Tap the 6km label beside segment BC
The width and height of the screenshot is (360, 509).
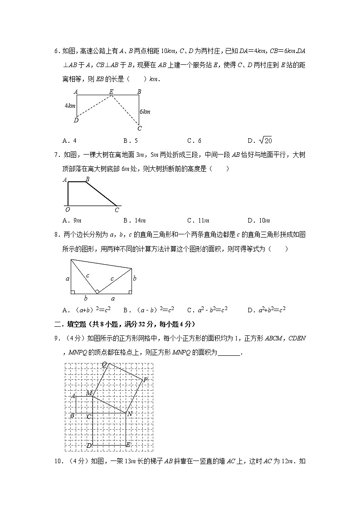pos(145,111)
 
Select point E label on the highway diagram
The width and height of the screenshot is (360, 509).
pos(111,92)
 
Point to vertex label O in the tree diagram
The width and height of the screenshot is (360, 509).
pos(68,210)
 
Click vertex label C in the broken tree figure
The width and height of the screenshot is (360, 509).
pos(117,210)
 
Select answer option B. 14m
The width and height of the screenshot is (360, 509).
pos(135,221)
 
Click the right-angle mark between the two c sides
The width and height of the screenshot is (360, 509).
pos(97,291)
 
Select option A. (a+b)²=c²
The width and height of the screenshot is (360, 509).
pos(87,310)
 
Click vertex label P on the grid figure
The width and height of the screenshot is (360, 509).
pos(145,380)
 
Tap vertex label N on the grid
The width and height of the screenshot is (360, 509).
pos(130,413)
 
